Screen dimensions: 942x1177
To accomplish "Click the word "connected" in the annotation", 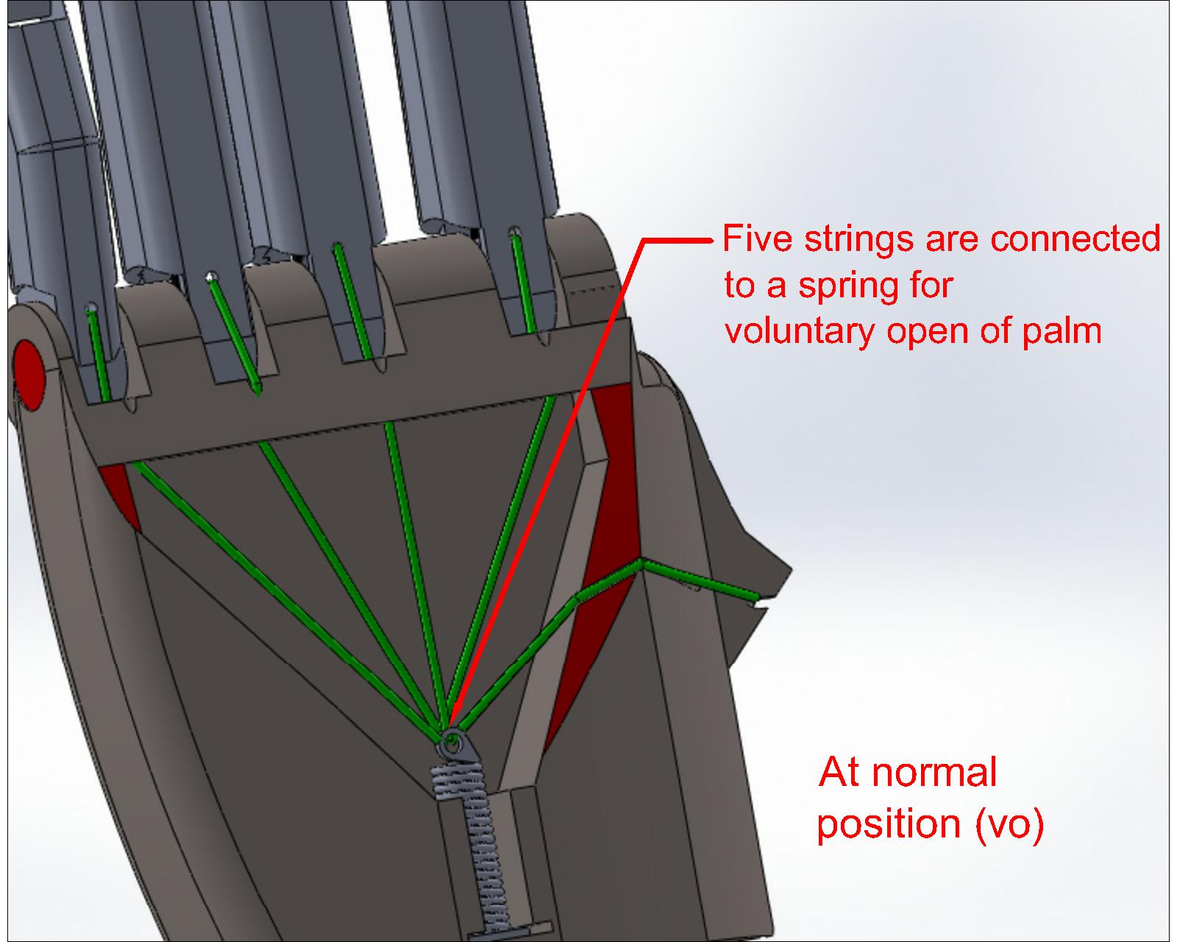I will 1075,238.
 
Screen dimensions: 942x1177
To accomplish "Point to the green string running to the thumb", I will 699,578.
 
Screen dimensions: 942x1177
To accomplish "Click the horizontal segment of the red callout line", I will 677,240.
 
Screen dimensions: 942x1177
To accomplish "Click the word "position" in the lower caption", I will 889,824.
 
